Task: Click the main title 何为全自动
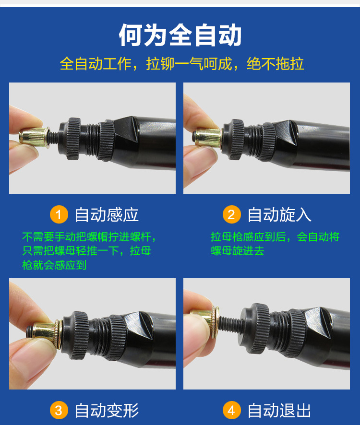[180, 35]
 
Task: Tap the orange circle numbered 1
[59, 214]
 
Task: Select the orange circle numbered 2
[231, 214]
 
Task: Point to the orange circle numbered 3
[59, 410]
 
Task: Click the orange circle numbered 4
[231, 410]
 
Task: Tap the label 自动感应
[107, 215]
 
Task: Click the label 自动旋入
[279, 215]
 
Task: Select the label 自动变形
[107, 410]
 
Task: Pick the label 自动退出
[279, 410]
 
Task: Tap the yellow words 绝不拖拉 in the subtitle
[276, 64]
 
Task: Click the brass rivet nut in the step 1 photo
[34, 137]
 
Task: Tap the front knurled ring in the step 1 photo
[74, 139]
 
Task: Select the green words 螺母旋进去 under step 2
[238, 251]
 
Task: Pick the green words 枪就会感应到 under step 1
[54, 265]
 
